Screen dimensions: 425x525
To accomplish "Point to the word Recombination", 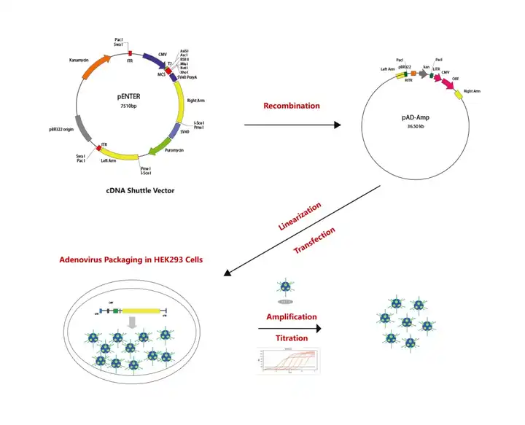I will point(292,106).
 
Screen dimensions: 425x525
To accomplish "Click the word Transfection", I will point(314,241).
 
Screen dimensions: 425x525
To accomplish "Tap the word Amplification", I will point(291,317).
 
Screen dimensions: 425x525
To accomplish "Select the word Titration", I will point(291,339).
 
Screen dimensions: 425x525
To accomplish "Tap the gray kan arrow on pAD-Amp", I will point(422,74).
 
